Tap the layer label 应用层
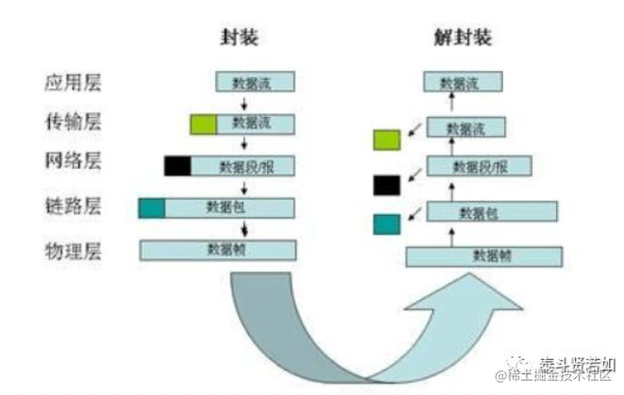pos(73,83)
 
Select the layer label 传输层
pos(73,123)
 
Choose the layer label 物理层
pos(73,251)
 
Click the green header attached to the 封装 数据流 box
pos(203,123)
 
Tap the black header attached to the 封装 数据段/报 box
pos(177,167)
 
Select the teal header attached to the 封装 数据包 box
pos(151,208)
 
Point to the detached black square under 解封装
pos(387,184)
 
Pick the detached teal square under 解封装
pos(387,224)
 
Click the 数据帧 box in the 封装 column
pos(218,250)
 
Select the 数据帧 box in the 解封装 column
pos(484,256)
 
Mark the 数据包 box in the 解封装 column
pos(480,211)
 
